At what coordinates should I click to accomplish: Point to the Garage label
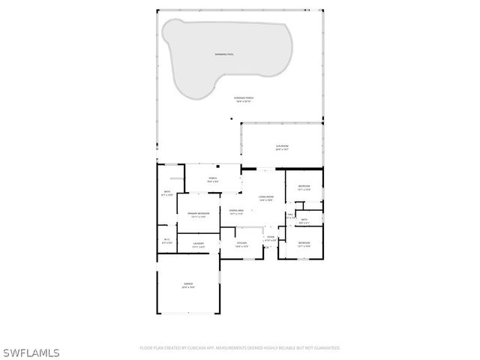point(188,285)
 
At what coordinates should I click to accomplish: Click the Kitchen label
point(241,244)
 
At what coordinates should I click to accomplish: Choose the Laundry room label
point(199,244)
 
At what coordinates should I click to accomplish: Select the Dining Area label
point(236,212)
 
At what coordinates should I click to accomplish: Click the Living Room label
point(265,199)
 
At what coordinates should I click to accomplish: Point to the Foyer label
point(270,238)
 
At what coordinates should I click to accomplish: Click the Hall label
point(290,216)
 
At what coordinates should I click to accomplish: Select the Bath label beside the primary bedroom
point(167,193)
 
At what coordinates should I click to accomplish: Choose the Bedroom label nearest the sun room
point(304,187)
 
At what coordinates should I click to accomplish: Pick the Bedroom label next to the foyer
point(304,244)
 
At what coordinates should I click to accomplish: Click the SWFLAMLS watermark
point(31,352)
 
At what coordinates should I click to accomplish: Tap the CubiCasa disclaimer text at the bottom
point(240,348)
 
